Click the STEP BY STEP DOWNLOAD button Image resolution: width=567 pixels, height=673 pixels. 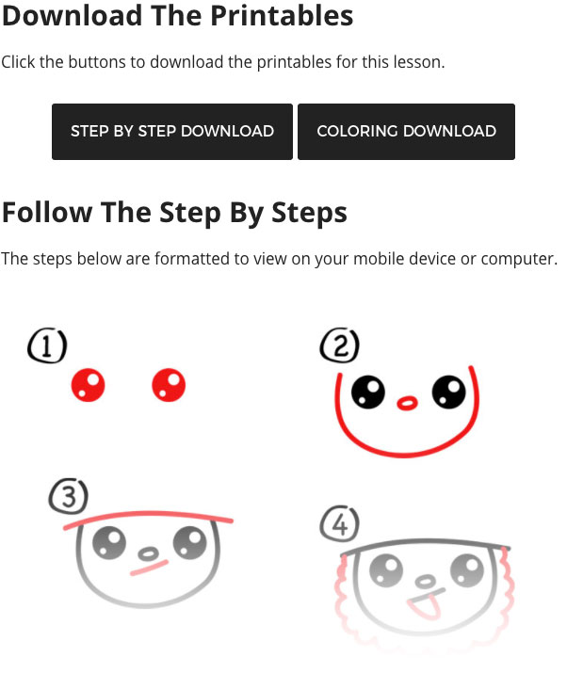coord(172,132)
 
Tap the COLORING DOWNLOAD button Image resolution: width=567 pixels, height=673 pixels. coord(406,132)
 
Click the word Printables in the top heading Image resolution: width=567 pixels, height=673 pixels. coord(282,15)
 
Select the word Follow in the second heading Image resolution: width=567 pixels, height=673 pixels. coord(47,213)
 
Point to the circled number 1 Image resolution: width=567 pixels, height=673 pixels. coord(47,346)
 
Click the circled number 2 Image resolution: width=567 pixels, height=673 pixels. coord(340,346)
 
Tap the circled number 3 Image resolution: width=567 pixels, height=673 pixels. coord(69,496)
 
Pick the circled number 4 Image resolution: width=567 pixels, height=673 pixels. coord(340,523)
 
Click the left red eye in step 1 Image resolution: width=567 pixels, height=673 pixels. coord(88,385)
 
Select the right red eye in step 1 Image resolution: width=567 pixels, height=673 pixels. coord(169,385)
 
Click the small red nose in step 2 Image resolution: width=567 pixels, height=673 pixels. coord(407,403)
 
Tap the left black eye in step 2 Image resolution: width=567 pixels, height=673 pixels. coord(368,392)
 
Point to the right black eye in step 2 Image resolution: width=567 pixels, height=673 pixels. coord(449,392)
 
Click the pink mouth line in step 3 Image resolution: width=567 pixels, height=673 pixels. coord(149,568)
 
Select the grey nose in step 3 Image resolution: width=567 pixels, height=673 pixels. coord(148,553)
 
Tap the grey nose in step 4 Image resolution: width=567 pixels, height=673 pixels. coord(426,581)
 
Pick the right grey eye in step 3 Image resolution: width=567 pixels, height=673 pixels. coord(190,542)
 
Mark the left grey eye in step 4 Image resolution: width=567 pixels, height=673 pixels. coord(386,570)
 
